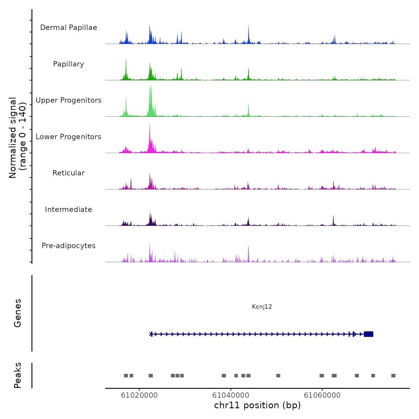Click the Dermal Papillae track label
[69, 28]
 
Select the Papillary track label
[69, 64]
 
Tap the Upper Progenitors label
[69, 100]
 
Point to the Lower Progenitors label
[69, 137]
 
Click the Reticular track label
[69, 173]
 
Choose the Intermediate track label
[69, 209]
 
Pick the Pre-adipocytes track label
[69, 246]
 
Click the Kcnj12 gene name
[262, 306]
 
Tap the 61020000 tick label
[139, 395]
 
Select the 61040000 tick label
[231, 395]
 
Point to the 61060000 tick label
[322, 395]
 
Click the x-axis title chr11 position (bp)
[257, 405]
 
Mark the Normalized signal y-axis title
[18, 138]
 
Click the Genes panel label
[18, 313]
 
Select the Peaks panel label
[18, 375]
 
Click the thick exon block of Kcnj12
[368, 334]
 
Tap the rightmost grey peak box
[393, 376]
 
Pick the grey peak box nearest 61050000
[278, 376]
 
